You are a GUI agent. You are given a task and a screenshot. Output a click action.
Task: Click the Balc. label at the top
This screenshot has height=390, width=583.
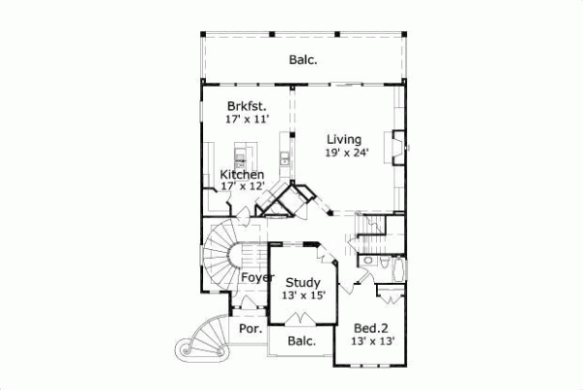click(x=303, y=60)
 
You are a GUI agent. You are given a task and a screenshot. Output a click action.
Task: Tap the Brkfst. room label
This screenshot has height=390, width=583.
click(x=247, y=105)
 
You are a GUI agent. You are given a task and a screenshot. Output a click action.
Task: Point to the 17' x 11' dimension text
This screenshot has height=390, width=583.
click(x=247, y=119)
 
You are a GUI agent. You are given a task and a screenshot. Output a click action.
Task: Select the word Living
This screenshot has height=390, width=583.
click(x=344, y=139)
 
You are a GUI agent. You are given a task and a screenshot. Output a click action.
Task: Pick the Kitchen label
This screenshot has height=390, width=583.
click(x=242, y=175)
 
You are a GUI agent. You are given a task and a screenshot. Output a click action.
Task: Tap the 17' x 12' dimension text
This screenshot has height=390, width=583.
click(x=242, y=187)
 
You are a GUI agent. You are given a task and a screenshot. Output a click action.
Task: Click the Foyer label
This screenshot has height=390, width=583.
click(x=257, y=277)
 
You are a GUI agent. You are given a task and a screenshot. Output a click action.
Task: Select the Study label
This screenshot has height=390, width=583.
click(x=303, y=284)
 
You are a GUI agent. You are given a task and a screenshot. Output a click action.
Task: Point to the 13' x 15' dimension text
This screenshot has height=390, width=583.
click(x=303, y=298)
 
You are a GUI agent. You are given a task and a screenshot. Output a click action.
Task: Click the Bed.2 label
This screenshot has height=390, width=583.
click(x=373, y=328)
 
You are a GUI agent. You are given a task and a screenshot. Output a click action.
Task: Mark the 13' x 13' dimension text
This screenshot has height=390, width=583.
click(x=373, y=341)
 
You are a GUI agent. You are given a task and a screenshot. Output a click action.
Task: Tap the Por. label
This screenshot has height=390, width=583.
click(x=249, y=330)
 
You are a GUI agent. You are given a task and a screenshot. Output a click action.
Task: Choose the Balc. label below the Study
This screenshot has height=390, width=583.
click(x=302, y=341)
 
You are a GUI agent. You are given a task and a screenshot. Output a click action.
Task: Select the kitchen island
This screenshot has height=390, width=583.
click(x=243, y=156)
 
